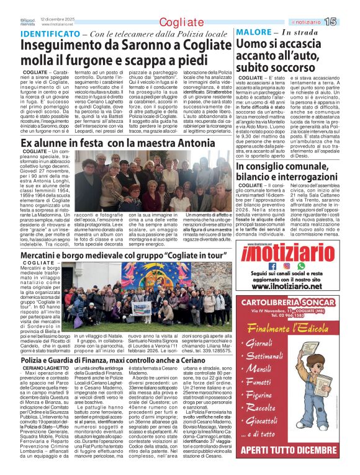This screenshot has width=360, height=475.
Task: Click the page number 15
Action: [x=347, y=22]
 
